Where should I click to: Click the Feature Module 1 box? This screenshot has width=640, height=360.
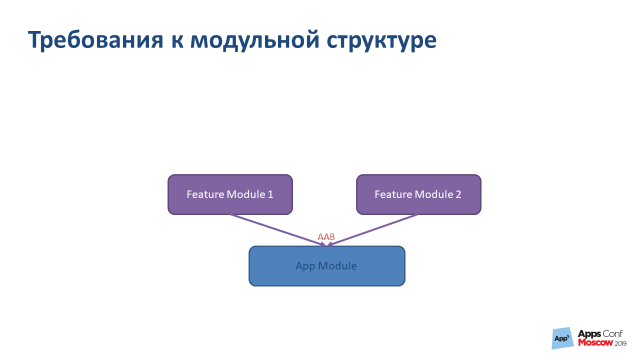[230, 194]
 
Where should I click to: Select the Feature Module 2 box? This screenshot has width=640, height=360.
[418, 194]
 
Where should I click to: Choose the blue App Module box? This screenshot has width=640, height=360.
[326, 266]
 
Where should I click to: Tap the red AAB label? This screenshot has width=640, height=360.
[326, 237]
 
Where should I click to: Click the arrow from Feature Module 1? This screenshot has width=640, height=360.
[275, 229]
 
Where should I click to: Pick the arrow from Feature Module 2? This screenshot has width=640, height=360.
[375, 229]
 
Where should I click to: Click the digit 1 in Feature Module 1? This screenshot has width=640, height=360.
[270, 194]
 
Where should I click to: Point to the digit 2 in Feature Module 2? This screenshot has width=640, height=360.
[458, 194]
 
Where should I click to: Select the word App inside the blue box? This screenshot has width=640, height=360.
[305, 266]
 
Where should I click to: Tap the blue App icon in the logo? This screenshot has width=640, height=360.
[562, 338]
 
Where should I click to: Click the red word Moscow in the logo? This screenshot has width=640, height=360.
[595, 343]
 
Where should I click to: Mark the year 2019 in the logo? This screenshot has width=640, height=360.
[620, 343]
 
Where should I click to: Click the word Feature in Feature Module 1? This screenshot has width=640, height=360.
[205, 194]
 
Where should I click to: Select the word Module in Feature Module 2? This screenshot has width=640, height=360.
[434, 194]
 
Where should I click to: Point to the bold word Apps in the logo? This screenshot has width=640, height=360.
[589, 334]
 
